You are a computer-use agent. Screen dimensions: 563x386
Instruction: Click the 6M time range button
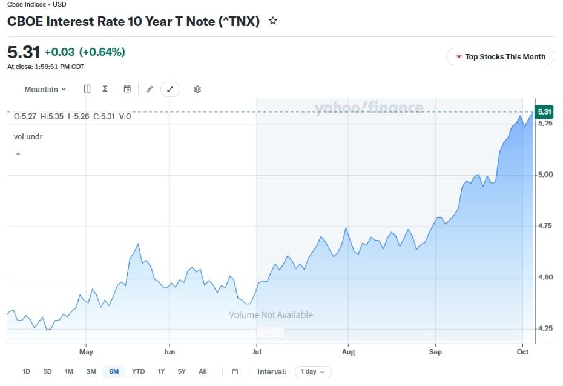pos(114,371)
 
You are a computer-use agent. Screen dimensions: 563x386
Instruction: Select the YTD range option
pos(138,371)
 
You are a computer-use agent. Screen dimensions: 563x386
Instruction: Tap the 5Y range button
pos(182,371)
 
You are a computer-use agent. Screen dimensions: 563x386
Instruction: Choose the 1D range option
pos(26,371)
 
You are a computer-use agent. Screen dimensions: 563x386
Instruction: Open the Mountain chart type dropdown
pos(45,90)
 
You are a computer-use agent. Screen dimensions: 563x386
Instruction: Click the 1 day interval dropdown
pos(313,371)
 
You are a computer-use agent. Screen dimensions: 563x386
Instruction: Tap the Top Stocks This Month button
pos(501,57)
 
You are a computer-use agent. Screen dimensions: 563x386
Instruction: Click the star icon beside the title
pos(273,21)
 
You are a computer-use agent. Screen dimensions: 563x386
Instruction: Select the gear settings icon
pos(197,89)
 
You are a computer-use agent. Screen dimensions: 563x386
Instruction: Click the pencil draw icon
pos(150,89)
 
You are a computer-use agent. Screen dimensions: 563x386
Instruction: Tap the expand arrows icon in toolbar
pos(170,89)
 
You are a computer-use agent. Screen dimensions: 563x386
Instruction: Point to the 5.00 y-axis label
pos(545,175)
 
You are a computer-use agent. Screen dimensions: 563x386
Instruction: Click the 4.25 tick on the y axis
pos(545,328)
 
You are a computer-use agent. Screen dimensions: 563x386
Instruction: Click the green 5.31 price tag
pos(544,111)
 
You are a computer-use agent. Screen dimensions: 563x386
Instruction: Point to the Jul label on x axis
pos(257,352)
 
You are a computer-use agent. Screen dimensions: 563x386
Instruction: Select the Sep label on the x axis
pos(435,352)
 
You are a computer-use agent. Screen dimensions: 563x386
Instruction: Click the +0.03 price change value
pos(59,52)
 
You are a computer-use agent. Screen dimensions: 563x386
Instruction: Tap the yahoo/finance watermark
pos(369,107)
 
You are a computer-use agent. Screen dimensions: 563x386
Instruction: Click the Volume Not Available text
pos(271,315)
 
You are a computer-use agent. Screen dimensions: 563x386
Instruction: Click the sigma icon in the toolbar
pos(105,88)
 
